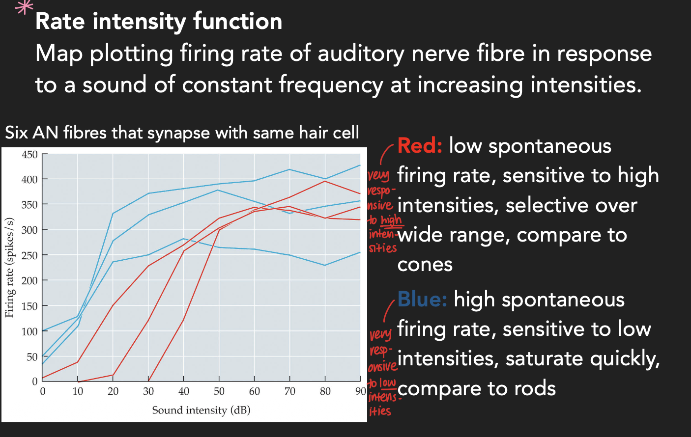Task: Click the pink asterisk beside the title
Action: click(x=24, y=7)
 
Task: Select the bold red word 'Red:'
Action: click(x=420, y=146)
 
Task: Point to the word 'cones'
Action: click(x=425, y=265)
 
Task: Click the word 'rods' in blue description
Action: click(x=535, y=388)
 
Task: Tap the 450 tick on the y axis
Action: click(x=29, y=155)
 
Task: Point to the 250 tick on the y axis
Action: click(x=29, y=255)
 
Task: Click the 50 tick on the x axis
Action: click(x=219, y=391)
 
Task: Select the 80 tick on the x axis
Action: click(x=325, y=391)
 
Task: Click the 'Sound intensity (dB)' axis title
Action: click(x=201, y=410)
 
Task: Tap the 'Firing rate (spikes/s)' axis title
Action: click(x=9, y=268)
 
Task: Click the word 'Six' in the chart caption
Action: click(x=16, y=133)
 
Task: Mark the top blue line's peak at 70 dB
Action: click(x=289, y=169)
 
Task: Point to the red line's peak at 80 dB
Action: click(x=325, y=181)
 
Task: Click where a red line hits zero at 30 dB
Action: click(x=148, y=381)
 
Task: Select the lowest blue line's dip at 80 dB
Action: click(x=325, y=265)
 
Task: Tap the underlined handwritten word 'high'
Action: click(x=391, y=220)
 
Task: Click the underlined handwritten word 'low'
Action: click(x=387, y=383)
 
